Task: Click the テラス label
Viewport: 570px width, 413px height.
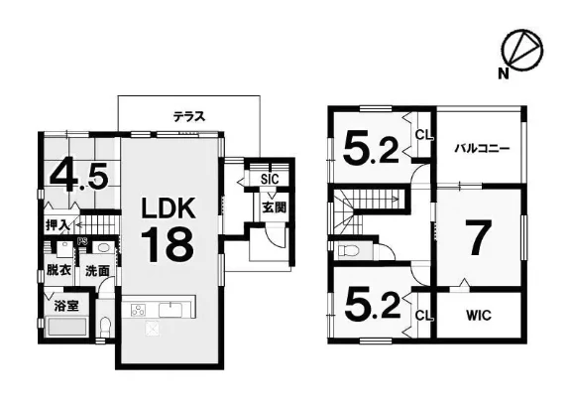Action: pyautogui.click(x=189, y=116)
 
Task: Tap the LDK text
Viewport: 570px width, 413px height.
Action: pyautogui.click(x=169, y=207)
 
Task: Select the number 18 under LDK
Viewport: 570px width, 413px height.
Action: pyautogui.click(x=168, y=244)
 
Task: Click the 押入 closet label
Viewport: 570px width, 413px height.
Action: pyautogui.click(x=57, y=225)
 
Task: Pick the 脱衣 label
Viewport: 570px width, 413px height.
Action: pyautogui.click(x=58, y=270)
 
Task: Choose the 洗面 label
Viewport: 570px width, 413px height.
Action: pyautogui.click(x=97, y=271)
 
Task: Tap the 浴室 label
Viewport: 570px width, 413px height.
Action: pyautogui.click(x=66, y=305)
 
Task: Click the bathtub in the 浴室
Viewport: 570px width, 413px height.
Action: pyautogui.click(x=66, y=329)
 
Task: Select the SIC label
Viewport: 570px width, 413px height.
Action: pyautogui.click(x=270, y=179)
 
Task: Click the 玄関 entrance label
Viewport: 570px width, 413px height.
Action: pyautogui.click(x=275, y=207)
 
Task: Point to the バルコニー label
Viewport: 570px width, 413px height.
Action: pyautogui.click(x=483, y=148)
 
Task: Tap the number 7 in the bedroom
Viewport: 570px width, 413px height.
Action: pyautogui.click(x=480, y=237)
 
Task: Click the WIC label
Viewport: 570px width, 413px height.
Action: pyautogui.click(x=479, y=315)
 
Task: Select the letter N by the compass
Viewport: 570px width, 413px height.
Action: pyautogui.click(x=504, y=74)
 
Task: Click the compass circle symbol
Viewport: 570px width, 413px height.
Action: pyautogui.click(x=522, y=50)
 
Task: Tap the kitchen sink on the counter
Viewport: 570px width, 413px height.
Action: pyautogui.click(x=171, y=310)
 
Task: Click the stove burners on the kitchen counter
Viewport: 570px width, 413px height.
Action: pyautogui.click(x=138, y=310)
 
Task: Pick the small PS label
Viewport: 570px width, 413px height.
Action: pyautogui.click(x=82, y=240)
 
